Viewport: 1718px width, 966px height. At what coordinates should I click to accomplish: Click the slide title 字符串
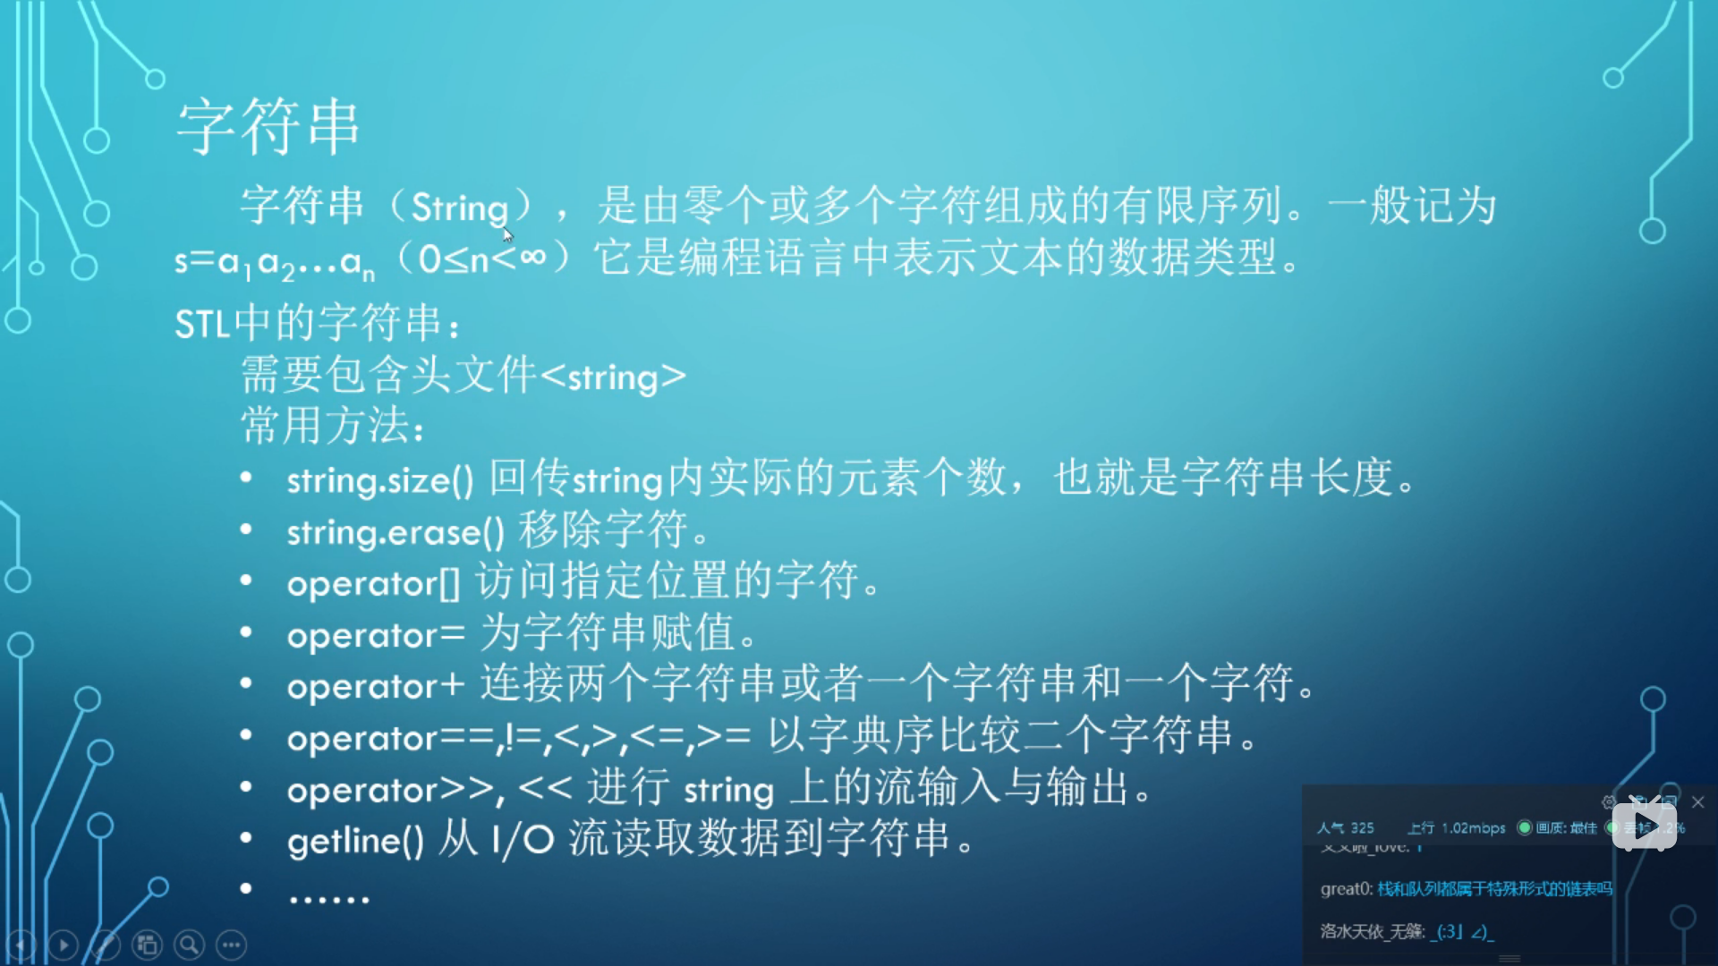[268, 127]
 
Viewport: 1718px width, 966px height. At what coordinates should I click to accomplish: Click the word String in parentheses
[459, 208]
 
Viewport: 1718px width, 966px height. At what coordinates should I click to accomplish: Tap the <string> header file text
[614, 377]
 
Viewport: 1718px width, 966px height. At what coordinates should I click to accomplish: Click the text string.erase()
[395, 533]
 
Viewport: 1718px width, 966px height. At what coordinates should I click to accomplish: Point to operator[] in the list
[373, 584]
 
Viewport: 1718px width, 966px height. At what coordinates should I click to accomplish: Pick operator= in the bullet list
[376, 636]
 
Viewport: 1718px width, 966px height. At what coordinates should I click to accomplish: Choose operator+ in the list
[376, 687]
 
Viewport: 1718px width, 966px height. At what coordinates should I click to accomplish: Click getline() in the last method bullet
[355, 841]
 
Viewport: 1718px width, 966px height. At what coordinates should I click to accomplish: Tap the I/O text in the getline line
[523, 840]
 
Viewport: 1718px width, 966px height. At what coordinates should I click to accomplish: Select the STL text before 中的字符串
[201, 324]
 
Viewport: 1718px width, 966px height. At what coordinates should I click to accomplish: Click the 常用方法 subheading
[331, 426]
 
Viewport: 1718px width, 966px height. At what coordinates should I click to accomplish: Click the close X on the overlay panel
[1698, 802]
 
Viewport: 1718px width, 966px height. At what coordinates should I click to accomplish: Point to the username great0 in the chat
[1345, 888]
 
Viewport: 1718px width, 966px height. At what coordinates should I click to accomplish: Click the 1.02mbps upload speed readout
[1473, 828]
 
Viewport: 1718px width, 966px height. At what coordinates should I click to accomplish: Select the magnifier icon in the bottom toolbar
[189, 945]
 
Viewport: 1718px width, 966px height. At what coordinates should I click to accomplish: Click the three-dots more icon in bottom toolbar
[232, 945]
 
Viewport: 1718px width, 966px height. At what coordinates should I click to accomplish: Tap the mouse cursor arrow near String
[507, 234]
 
